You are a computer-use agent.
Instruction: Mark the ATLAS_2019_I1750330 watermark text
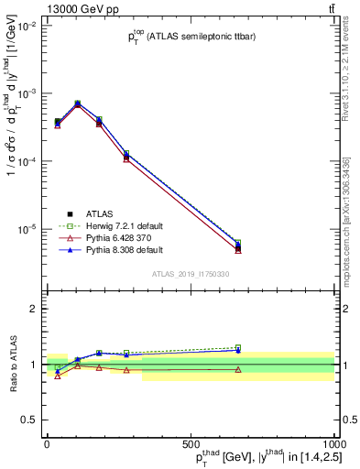point(190,274)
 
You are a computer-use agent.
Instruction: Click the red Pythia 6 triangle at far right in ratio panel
point(238,369)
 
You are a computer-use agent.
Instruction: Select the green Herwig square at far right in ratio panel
point(238,347)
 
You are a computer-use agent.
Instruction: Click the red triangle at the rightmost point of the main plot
point(238,249)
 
